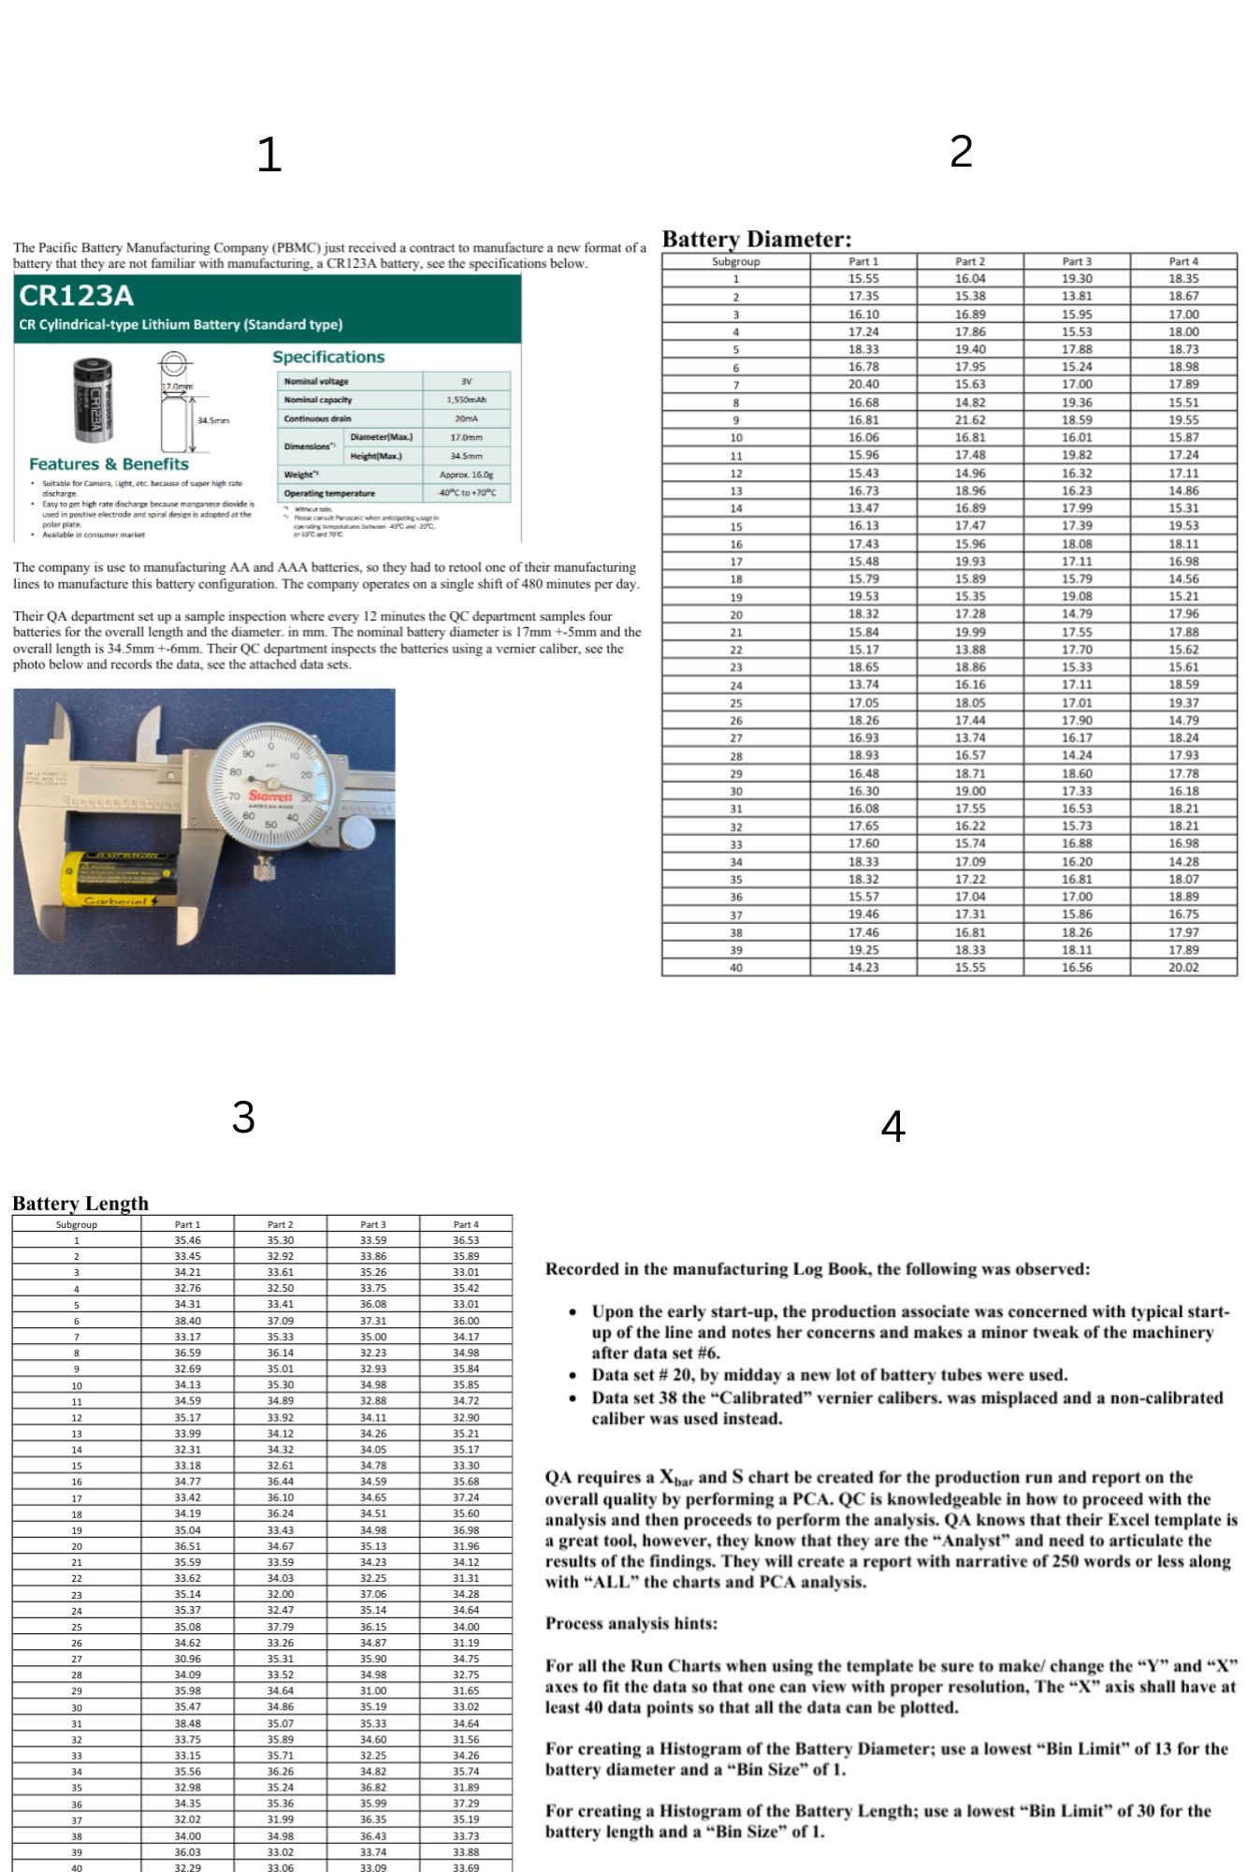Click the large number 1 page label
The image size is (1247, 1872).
coord(269,155)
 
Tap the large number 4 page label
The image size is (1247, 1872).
coord(893,1126)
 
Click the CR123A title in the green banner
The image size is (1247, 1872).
coord(76,296)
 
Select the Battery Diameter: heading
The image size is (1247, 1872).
coord(757,239)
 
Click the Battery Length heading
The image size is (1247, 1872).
coord(80,1204)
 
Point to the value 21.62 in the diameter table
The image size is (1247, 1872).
coord(970,420)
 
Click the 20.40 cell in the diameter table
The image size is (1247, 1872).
coord(863,385)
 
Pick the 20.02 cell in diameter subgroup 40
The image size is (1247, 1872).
coord(1182,968)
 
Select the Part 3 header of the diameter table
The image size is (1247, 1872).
coord(1076,261)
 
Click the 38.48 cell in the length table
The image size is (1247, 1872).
coord(187,1723)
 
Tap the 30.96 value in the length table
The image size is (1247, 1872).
coord(187,1659)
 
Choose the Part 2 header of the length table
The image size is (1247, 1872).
coord(280,1224)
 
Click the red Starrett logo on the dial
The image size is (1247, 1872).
coord(270,796)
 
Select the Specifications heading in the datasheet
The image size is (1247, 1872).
coord(328,358)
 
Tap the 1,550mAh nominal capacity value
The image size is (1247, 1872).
coord(466,400)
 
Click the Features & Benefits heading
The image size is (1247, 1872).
coord(109,464)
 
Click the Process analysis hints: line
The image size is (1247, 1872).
coord(631,1624)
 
